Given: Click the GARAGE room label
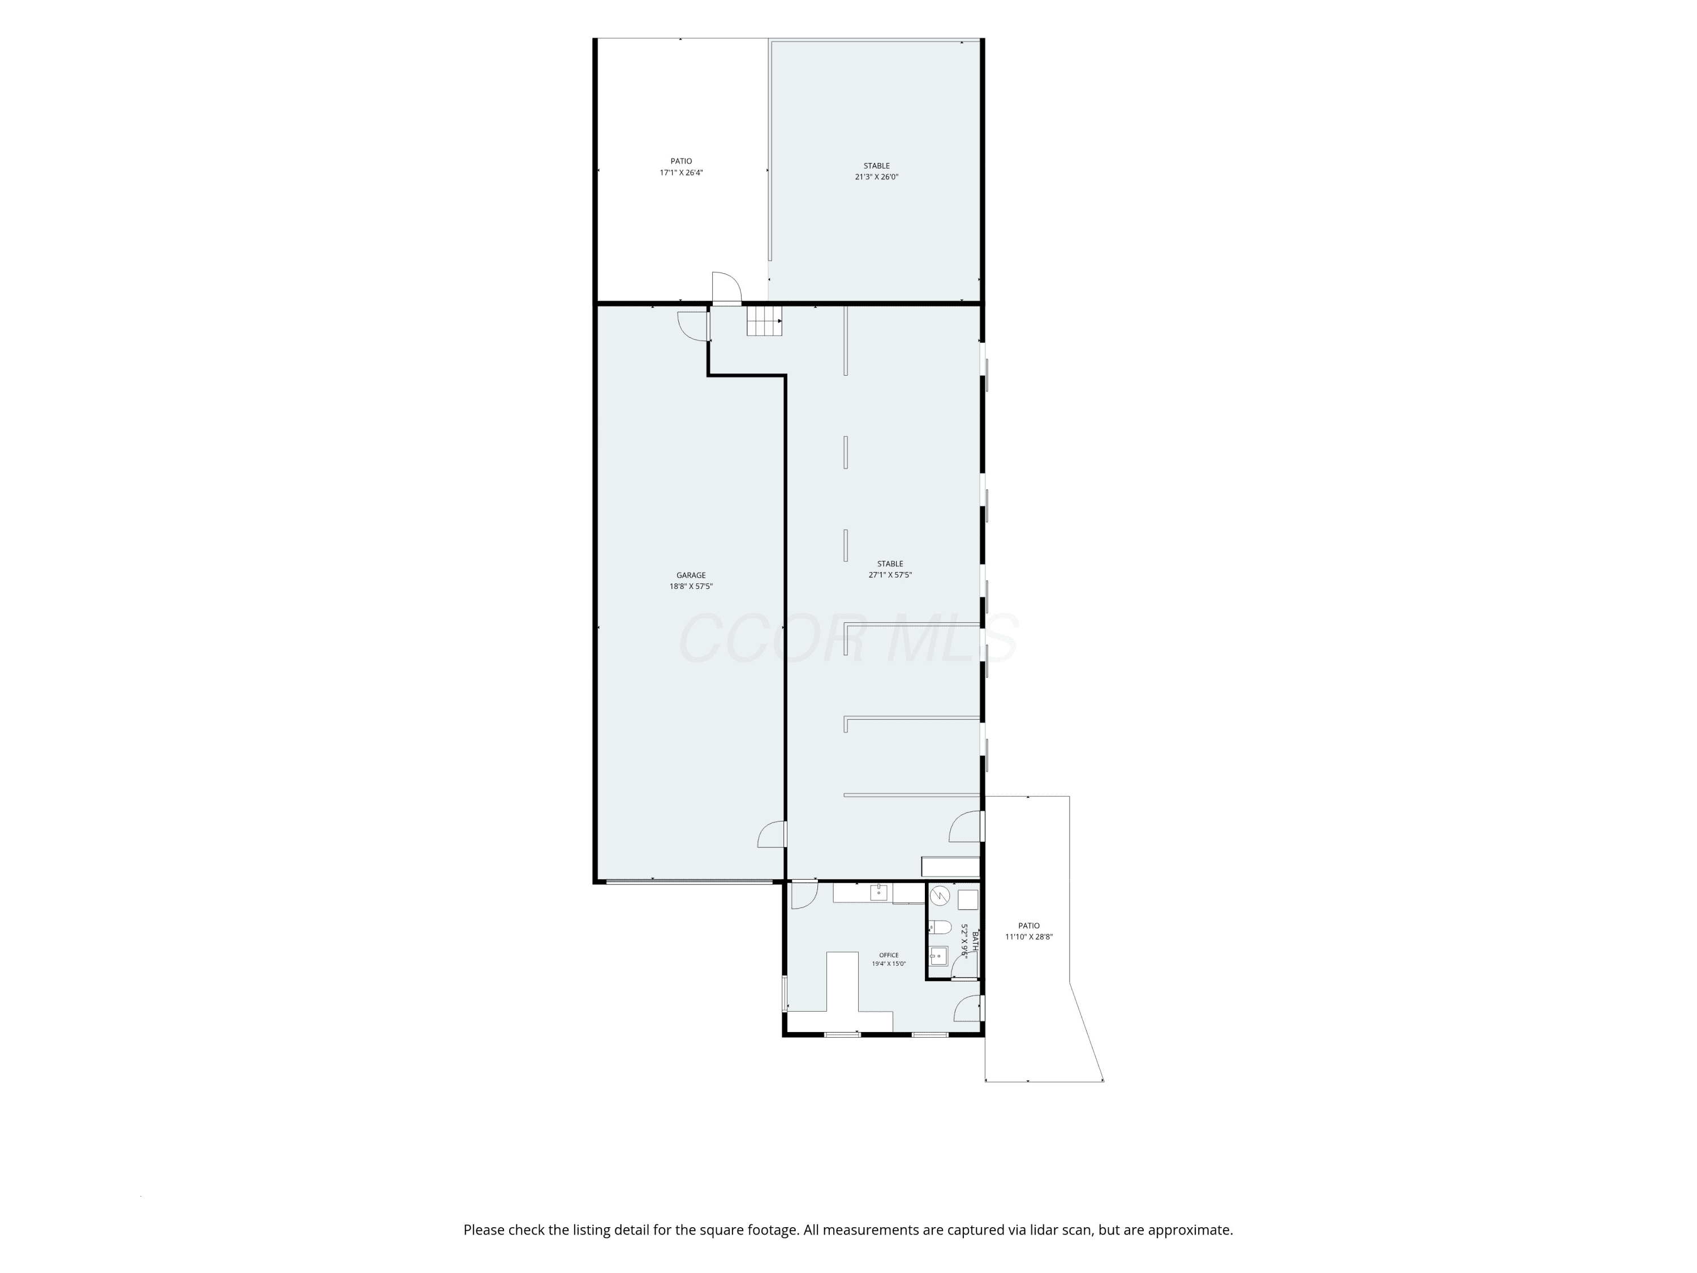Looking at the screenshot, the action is (691, 575).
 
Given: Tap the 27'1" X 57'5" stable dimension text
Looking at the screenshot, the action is (890, 575).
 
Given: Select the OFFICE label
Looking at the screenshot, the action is (889, 956).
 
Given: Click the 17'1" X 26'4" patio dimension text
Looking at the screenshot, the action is (681, 173).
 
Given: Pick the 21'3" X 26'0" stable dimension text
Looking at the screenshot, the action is (876, 177).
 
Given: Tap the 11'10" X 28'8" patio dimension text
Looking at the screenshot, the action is (1029, 936).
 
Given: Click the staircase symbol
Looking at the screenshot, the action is (765, 321).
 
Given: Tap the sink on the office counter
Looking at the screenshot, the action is (878, 892).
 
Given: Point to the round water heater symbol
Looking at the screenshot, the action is (940, 896).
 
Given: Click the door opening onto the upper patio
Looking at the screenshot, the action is (726, 289).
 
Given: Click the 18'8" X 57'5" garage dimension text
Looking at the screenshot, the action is (691, 586).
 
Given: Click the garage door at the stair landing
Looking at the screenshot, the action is (694, 325).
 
